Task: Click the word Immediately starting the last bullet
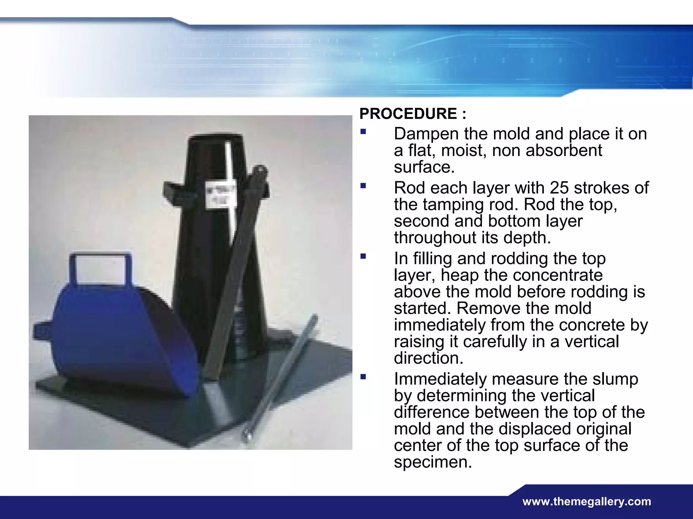tap(440, 379)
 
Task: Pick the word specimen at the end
tap(432, 462)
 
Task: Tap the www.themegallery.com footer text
tap(586, 501)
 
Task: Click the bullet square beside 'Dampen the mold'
tap(363, 131)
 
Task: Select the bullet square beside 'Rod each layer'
tap(363, 186)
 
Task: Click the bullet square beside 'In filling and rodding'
tap(363, 256)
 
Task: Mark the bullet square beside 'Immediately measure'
tap(363, 377)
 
